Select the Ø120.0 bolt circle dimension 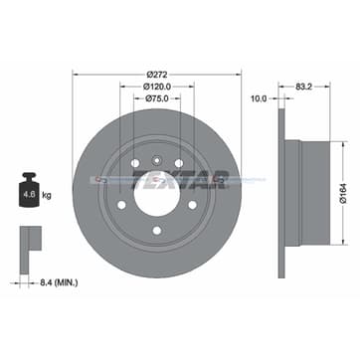[x=156, y=87]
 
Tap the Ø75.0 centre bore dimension [x=156, y=99]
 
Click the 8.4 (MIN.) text [x=53, y=283]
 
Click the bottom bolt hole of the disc [x=156, y=232]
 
